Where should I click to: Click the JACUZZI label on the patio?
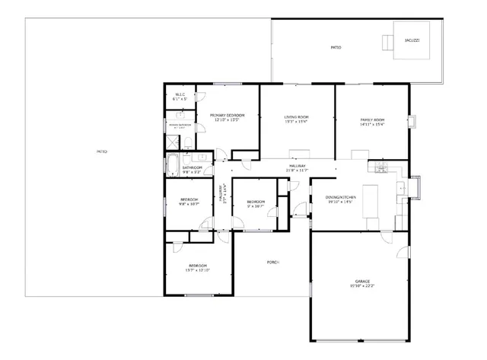[x=412, y=39]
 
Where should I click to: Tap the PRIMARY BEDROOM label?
[x=227, y=116]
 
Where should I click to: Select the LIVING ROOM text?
[x=296, y=116]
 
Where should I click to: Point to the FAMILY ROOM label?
[x=372, y=119]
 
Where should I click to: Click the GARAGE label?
[x=362, y=282]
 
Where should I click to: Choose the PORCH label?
[x=272, y=262]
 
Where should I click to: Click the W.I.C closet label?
[x=180, y=95]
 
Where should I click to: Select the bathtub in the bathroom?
[x=171, y=166]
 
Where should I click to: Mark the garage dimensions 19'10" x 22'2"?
[x=362, y=286]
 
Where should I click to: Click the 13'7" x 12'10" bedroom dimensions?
[x=197, y=269]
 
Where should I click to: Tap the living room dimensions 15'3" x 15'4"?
[x=296, y=122]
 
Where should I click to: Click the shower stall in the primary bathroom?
[x=172, y=142]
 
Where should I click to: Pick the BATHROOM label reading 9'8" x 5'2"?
[x=192, y=167]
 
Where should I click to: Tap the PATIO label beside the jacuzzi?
[x=336, y=47]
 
